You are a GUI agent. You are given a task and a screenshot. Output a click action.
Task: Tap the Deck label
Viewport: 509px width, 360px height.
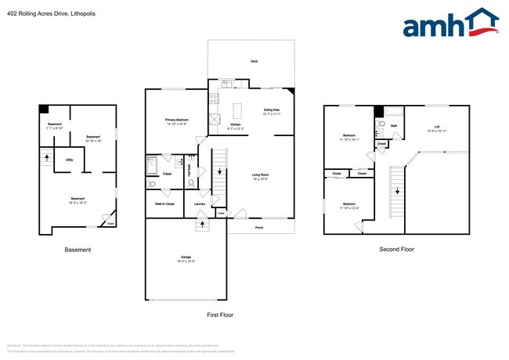point(254,61)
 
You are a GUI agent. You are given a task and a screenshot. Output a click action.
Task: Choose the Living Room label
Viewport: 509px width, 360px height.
point(260,176)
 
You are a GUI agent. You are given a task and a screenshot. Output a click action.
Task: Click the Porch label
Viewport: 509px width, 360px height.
point(258,229)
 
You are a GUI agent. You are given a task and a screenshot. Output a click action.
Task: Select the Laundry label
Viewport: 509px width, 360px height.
point(200,204)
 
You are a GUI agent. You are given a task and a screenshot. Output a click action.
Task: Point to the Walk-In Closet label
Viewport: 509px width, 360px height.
point(164,204)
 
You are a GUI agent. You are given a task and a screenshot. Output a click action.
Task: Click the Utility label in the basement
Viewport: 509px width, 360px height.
point(69,160)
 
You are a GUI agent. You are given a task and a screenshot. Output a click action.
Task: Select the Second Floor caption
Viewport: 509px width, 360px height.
point(397,250)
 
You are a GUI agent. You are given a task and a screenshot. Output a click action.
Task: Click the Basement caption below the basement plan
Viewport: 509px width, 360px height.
point(78,250)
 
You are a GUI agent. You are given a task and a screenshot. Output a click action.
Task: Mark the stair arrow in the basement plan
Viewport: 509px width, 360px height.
point(49,157)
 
